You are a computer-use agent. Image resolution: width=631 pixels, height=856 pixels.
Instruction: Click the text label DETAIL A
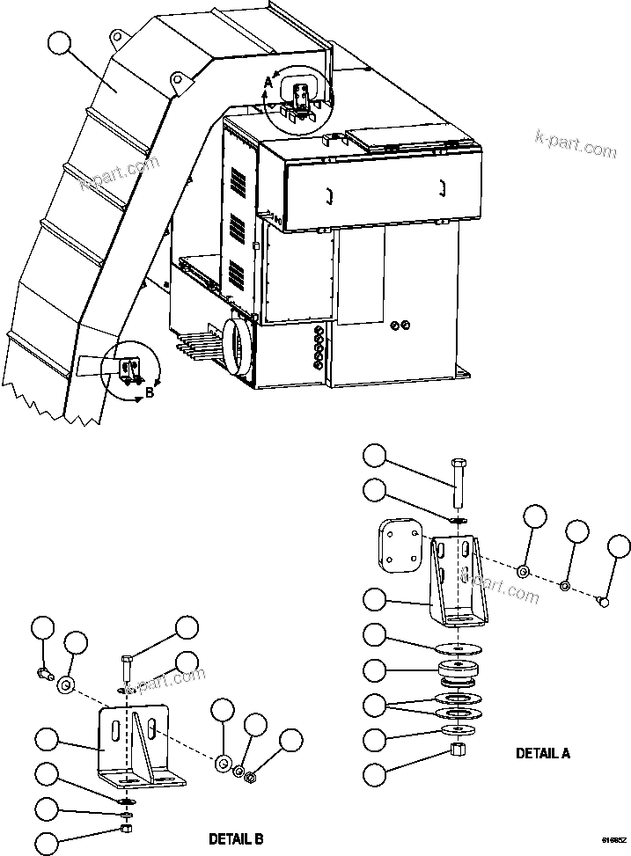tap(542, 753)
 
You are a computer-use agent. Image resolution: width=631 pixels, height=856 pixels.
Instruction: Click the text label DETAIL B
tap(235, 838)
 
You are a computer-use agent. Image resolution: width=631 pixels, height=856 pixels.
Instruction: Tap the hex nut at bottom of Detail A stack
tap(456, 750)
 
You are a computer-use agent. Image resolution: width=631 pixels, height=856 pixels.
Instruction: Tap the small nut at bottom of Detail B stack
tap(127, 830)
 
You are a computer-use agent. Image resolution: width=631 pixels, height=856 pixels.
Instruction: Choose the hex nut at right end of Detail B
tap(249, 776)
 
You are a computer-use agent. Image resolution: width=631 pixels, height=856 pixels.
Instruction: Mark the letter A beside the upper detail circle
tap(268, 84)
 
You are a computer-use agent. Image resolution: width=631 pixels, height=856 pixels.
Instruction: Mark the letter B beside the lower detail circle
tap(149, 393)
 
